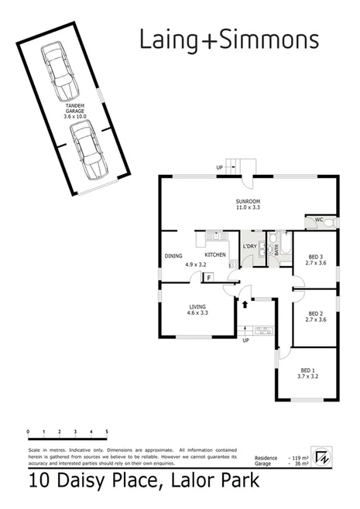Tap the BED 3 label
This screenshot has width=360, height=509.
[x=314, y=261]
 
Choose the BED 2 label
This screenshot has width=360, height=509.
[x=314, y=315]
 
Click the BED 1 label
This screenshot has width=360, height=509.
[x=308, y=374]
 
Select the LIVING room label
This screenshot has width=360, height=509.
[x=197, y=311]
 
